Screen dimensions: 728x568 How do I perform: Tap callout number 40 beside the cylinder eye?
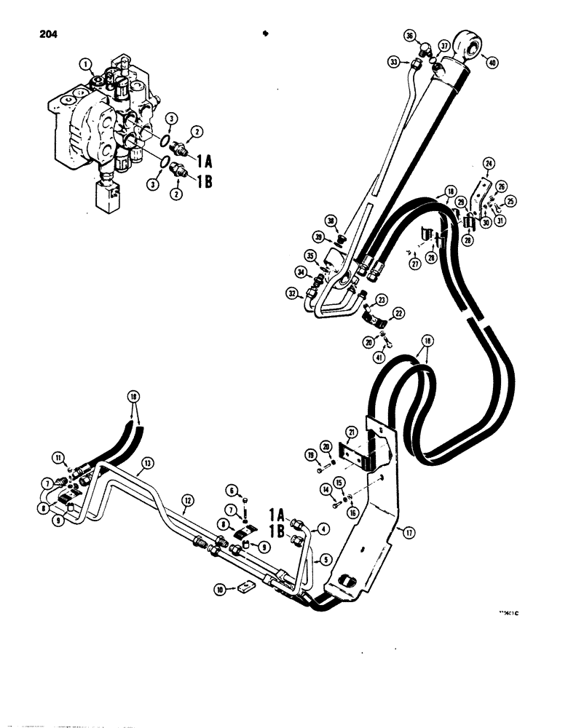coord(493,63)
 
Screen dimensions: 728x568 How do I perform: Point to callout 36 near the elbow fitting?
coord(409,36)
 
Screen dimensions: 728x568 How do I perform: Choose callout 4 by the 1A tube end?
coord(321,529)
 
